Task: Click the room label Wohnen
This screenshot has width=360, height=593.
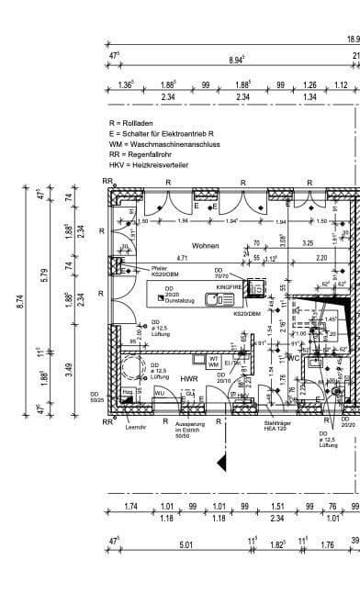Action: pos(206,246)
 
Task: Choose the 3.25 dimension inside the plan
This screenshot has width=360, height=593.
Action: pos(308,243)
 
